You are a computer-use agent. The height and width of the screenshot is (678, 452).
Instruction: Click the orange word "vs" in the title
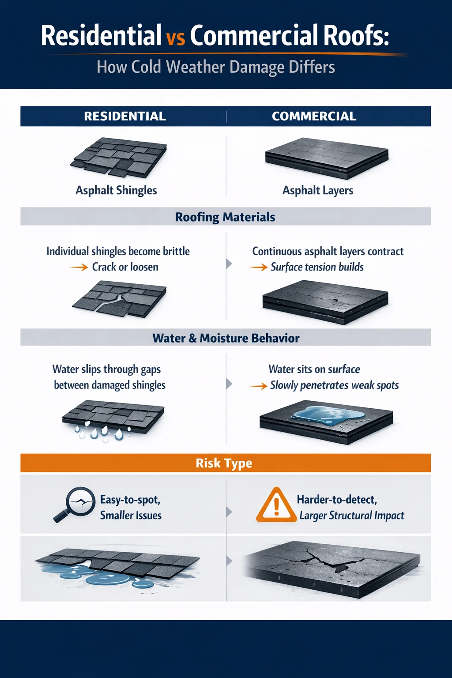click(176, 38)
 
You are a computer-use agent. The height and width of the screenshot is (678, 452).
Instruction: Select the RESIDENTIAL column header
click(125, 116)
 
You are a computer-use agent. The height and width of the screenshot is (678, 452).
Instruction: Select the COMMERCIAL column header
click(314, 116)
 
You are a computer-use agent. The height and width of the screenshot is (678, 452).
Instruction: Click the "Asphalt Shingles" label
click(116, 190)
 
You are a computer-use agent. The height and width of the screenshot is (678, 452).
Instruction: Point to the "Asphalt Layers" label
click(318, 190)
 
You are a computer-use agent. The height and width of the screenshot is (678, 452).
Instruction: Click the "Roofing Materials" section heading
click(225, 217)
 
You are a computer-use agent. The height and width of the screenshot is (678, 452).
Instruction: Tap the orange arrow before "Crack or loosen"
click(79, 267)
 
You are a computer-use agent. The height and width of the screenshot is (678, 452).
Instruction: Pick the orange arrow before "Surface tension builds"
click(259, 267)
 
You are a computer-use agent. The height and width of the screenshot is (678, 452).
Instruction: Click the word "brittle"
click(176, 251)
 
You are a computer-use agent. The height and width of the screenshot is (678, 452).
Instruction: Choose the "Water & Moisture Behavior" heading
click(226, 338)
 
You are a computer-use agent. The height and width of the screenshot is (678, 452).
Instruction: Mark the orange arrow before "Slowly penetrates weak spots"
click(259, 386)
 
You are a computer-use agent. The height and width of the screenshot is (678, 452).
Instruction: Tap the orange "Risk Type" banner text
click(224, 463)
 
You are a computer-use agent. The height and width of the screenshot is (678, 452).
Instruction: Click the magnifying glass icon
click(76, 504)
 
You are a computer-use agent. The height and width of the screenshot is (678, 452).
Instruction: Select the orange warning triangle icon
click(276, 505)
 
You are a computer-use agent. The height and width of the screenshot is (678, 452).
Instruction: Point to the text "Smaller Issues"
click(131, 515)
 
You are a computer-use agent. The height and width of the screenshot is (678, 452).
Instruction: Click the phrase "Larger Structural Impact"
click(352, 515)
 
